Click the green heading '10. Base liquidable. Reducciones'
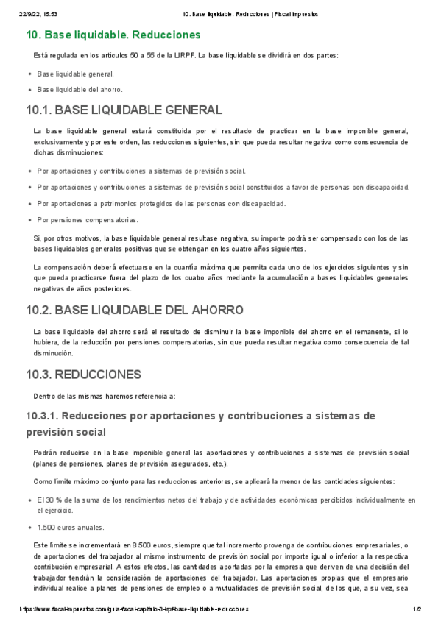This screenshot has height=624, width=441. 113,35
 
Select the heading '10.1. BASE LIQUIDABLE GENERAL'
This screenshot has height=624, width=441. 124,110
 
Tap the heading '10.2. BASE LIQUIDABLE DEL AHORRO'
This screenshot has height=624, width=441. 134,310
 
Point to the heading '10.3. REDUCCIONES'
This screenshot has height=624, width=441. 82,375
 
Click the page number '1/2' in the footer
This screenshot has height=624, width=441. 416,610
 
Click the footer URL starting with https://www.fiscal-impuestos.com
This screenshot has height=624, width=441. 133,610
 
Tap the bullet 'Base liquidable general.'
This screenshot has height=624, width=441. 75,74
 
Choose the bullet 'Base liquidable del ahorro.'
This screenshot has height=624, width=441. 80,90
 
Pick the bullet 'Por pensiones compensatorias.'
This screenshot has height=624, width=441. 87,219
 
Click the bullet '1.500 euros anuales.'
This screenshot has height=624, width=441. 71,527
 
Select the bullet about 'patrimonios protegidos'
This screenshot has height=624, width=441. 161,203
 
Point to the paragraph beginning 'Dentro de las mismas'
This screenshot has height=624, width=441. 104,396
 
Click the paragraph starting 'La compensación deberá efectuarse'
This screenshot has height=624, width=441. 221,277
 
